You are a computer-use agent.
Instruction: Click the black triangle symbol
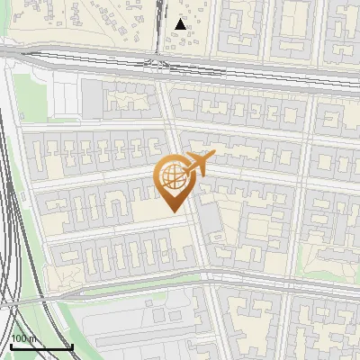[x=182, y=24]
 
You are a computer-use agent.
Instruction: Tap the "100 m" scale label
[x=24, y=338]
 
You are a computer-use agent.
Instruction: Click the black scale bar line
[x=40, y=346]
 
